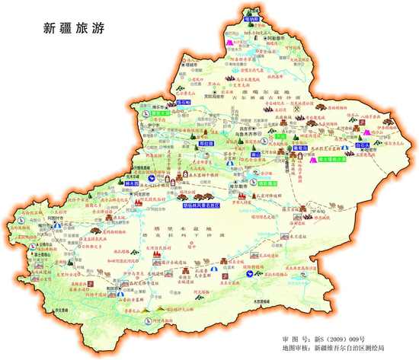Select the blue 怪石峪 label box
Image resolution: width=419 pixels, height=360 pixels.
click(x=184, y=101)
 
